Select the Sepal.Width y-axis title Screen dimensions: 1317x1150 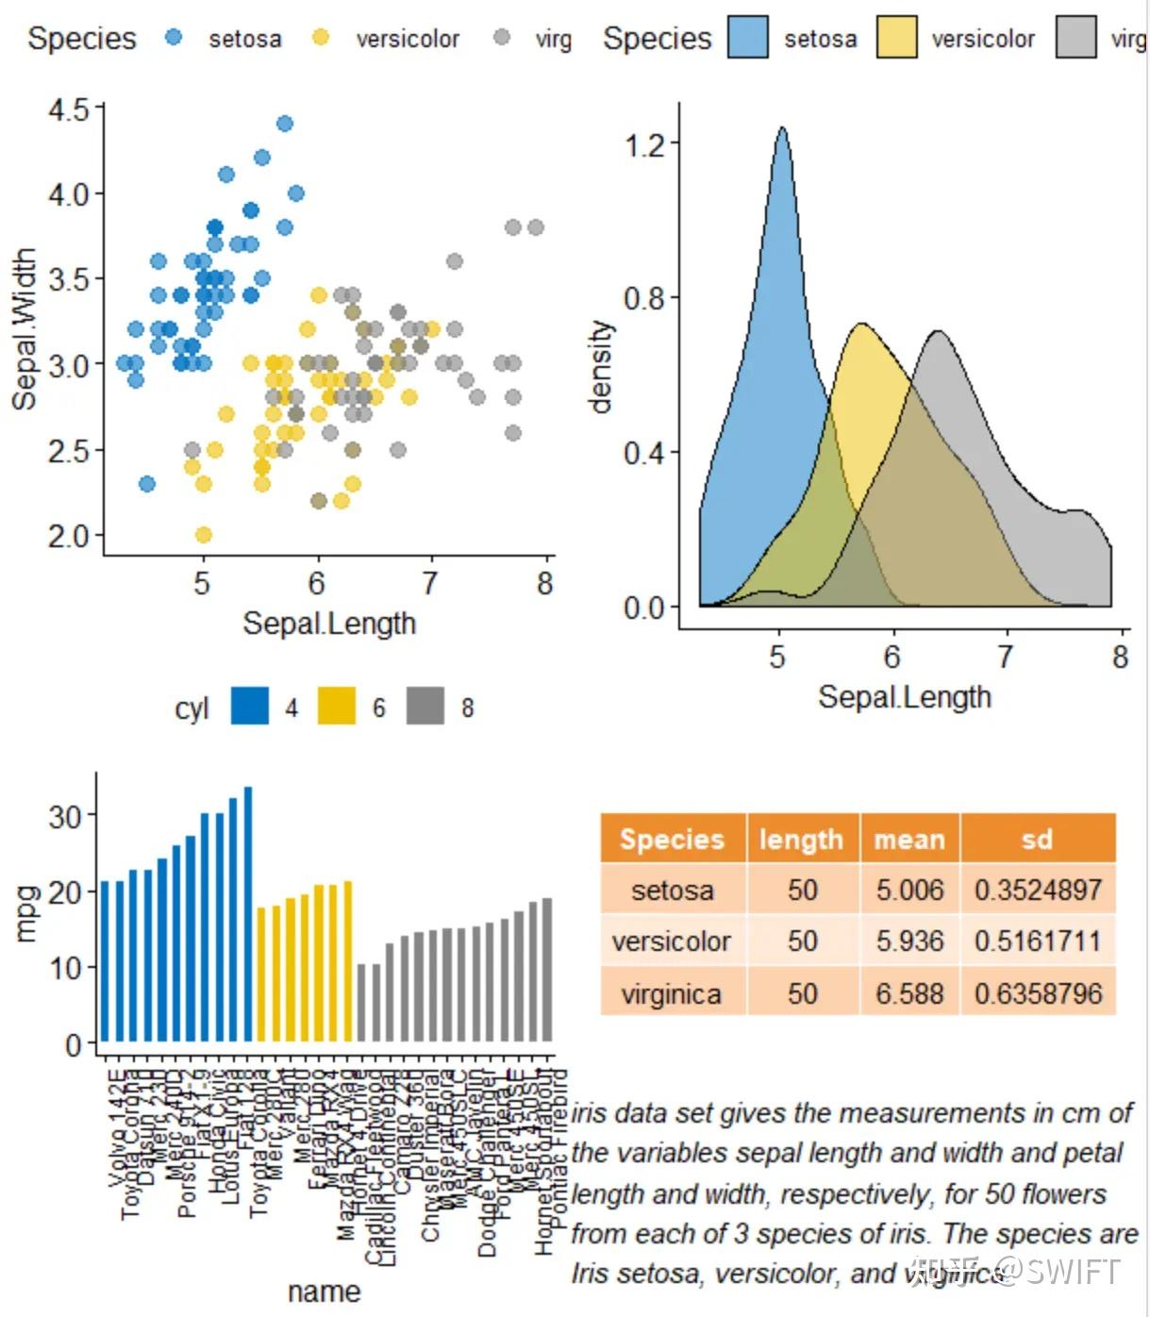(x=25, y=328)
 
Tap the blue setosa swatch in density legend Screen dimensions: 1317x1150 (x=746, y=38)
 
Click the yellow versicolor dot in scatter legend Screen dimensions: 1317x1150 (x=321, y=38)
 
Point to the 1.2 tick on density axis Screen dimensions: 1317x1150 (x=644, y=143)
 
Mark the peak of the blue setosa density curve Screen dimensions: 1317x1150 (x=782, y=128)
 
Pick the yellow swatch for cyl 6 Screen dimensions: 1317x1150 (x=336, y=707)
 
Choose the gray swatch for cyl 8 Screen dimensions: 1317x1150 (x=425, y=707)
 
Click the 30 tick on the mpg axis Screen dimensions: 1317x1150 (x=65, y=815)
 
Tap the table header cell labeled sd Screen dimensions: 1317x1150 (x=1037, y=839)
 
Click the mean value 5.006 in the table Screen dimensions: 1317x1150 (x=908, y=890)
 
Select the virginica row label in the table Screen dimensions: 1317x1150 (x=672, y=992)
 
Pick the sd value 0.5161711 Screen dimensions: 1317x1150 (x=1037, y=941)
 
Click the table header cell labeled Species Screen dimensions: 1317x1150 (x=672, y=839)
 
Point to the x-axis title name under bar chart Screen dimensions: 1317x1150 (x=324, y=1292)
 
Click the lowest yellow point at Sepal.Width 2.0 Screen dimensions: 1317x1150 (x=203, y=535)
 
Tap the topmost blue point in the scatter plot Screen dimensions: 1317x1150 (x=284, y=124)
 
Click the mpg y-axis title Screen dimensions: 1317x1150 (x=27, y=913)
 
